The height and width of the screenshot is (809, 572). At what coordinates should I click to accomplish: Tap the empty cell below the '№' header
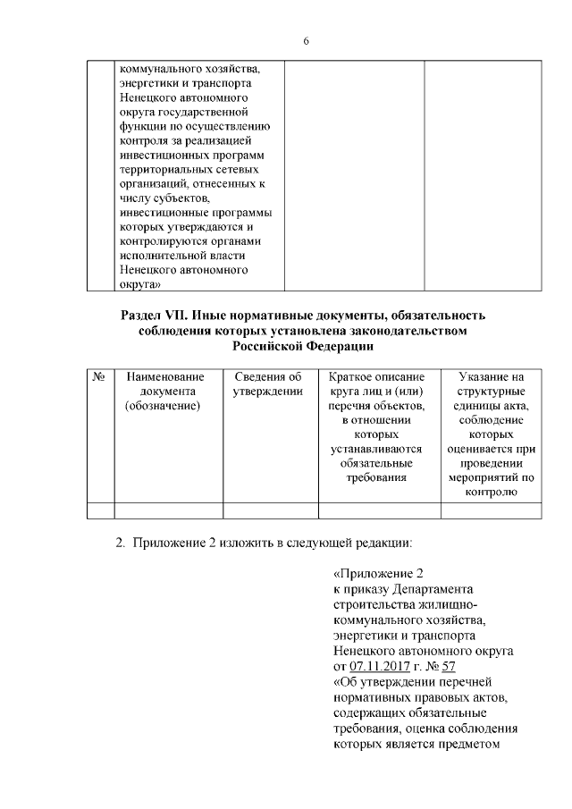coord(100,510)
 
